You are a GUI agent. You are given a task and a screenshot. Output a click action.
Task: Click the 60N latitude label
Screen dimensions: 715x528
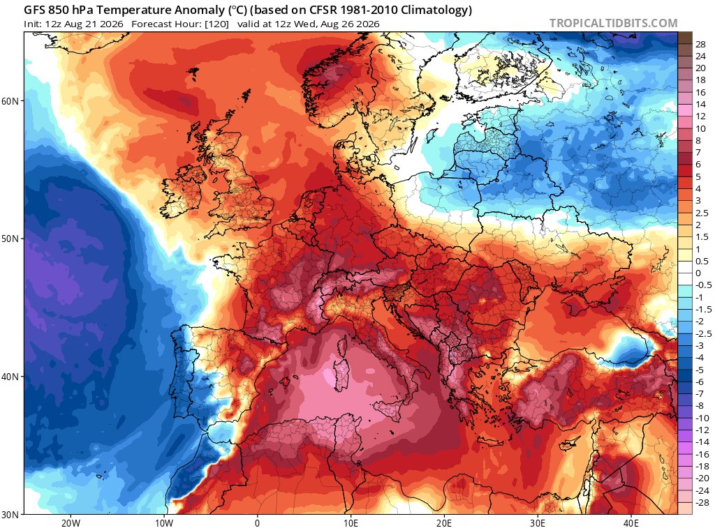coord(10,100)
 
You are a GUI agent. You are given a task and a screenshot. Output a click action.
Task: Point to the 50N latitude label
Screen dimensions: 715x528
coord(10,239)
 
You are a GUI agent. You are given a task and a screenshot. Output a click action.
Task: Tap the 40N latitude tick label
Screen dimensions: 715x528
coord(10,377)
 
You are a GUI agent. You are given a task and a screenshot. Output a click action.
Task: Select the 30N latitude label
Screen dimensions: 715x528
coord(10,515)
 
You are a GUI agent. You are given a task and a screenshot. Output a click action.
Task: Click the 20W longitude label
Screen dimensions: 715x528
coord(71,522)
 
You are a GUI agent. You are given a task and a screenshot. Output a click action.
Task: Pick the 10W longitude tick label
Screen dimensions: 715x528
coord(164,522)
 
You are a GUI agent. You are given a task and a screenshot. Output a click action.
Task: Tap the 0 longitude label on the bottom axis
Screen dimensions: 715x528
coord(257,522)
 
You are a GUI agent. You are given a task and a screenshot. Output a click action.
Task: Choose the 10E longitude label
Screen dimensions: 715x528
coord(351,522)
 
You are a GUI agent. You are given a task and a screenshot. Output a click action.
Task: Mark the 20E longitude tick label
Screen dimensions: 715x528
coord(444,522)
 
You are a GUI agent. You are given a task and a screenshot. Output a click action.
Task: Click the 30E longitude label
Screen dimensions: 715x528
coord(538,522)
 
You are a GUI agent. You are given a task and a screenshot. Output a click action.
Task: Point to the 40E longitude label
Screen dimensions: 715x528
coord(631,522)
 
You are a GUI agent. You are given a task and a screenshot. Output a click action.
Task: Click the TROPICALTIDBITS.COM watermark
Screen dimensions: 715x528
coord(613,23)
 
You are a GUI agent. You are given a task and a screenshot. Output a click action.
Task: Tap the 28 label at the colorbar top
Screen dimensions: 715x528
coord(700,44)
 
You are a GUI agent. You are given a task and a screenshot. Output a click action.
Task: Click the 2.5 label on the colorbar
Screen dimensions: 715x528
coord(701,213)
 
